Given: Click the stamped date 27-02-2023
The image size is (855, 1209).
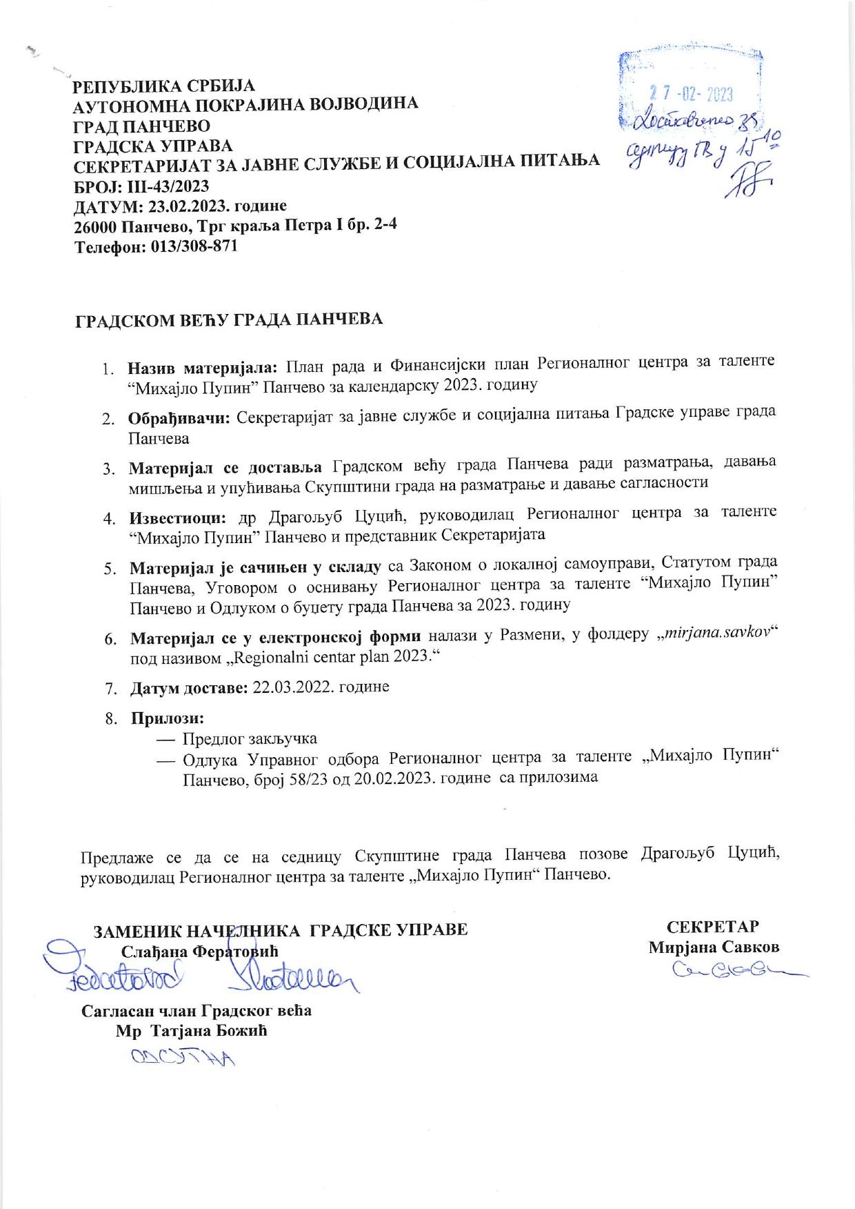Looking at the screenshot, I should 692,93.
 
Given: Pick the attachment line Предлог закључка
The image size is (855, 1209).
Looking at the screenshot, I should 250,739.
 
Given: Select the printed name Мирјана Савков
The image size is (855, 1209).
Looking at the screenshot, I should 714,947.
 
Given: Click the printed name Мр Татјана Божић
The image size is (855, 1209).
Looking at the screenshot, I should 192,1031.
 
